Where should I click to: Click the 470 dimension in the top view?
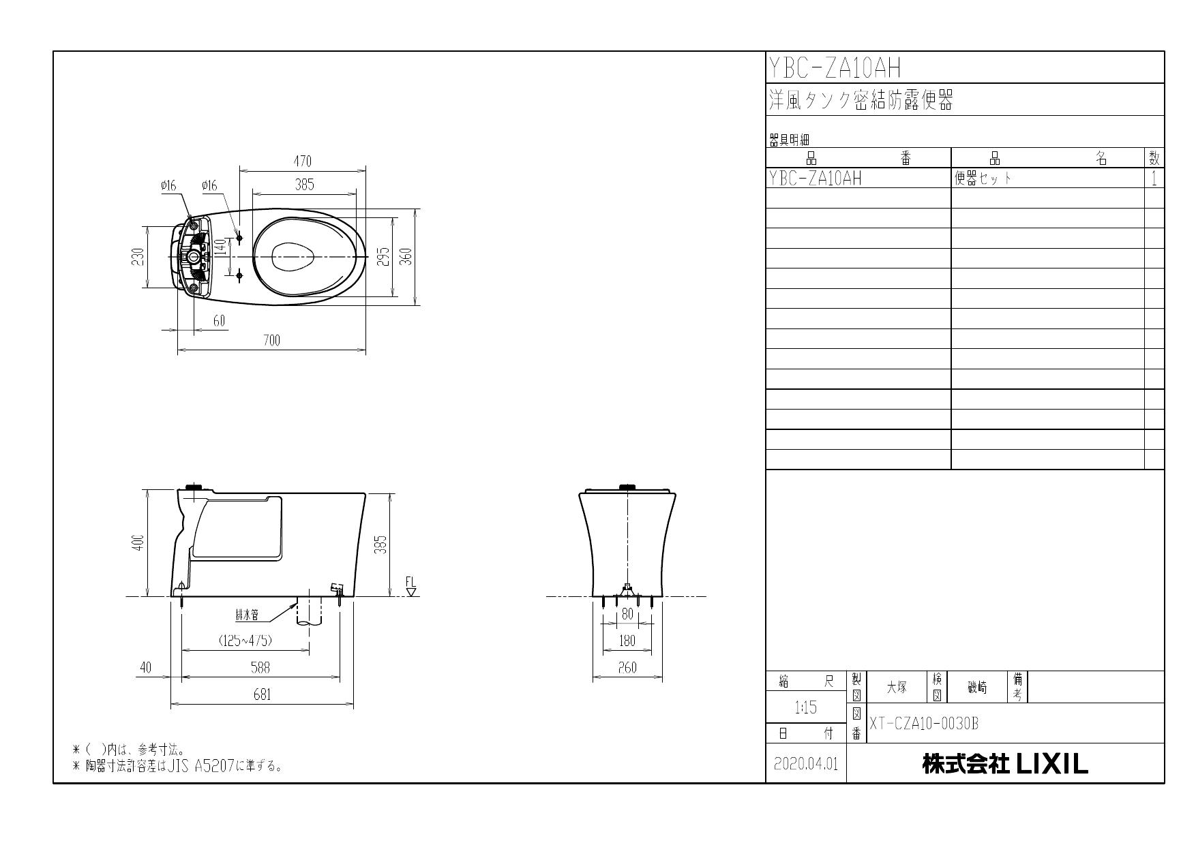point(302,162)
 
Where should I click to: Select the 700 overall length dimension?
point(271,341)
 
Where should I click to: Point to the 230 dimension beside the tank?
point(138,257)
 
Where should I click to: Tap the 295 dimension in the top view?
point(384,257)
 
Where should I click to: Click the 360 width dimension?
point(406,257)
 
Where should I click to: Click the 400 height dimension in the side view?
point(138,542)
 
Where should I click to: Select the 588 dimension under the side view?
point(260,668)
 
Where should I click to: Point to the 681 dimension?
point(262,694)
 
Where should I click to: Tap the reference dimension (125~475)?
point(246,641)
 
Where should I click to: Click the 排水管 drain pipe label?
point(247,616)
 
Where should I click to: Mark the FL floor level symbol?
point(410,587)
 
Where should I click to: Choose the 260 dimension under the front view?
point(627,668)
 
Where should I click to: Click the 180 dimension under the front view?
point(627,641)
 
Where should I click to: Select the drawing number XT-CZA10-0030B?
point(924,724)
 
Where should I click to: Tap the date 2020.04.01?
point(806,764)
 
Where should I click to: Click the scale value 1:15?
point(805,708)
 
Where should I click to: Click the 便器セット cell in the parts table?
point(983,179)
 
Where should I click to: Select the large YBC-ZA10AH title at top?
point(835,68)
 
